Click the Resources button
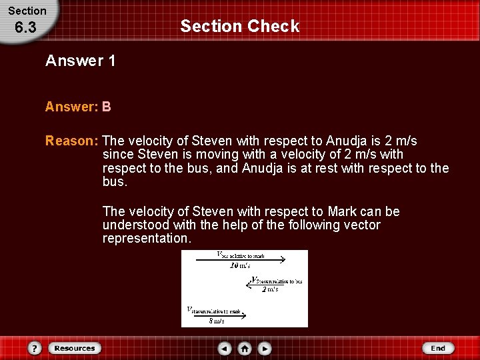click(x=75, y=348)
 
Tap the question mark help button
click(x=35, y=348)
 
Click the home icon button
click(x=245, y=348)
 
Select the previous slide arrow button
click(x=225, y=348)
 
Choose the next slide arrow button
click(x=265, y=348)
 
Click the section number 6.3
click(x=25, y=29)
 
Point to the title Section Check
click(x=240, y=27)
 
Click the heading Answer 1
click(x=81, y=61)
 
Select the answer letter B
click(x=107, y=107)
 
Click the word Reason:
click(x=72, y=141)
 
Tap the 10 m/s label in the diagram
click(x=240, y=265)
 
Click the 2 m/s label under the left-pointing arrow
click(x=269, y=289)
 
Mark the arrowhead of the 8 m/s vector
click(x=243, y=315)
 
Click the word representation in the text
click(x=145, y=239)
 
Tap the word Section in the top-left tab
click(x=27, y=11)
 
